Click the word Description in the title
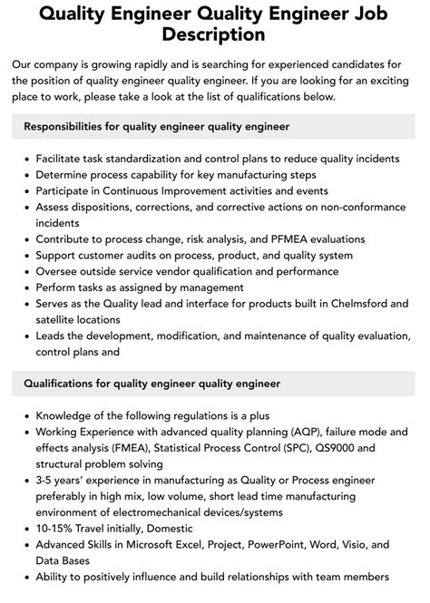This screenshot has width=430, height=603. click(215, 34)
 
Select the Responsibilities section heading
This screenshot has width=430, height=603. click(156, 126)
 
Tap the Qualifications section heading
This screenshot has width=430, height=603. click(151, 384)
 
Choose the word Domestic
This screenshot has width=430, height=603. click(171, 528)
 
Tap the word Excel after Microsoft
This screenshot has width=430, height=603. click(193, 544)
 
